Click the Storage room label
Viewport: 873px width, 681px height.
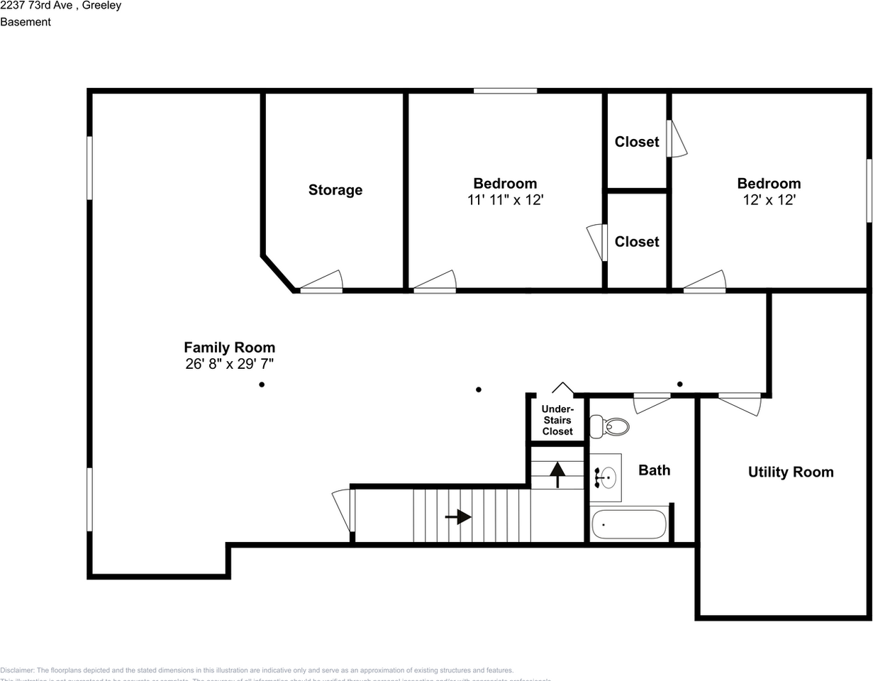coord(335,190)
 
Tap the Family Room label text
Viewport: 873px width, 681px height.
coord(229,348)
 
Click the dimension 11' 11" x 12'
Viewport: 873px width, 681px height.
coord(505,201)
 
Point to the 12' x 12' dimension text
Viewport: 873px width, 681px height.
coord(769,201)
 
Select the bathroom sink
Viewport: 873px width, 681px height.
coord(605,477)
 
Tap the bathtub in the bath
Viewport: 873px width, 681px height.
coord(628,524)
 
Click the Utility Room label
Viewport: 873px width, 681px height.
coord(791,472)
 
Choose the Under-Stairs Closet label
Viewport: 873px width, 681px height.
coord(557,421)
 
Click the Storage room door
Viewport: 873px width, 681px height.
coord(321,282)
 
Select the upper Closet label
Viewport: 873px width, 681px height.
coord(636,142)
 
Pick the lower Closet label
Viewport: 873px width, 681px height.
coord(636,242)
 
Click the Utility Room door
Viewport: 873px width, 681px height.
coord(740,403)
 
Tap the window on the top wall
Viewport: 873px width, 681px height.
coord(505,91)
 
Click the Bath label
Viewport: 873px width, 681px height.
coord(654,470)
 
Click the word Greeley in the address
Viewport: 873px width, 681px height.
coord(102,6)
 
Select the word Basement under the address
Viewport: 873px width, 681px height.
coord(26,22)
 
